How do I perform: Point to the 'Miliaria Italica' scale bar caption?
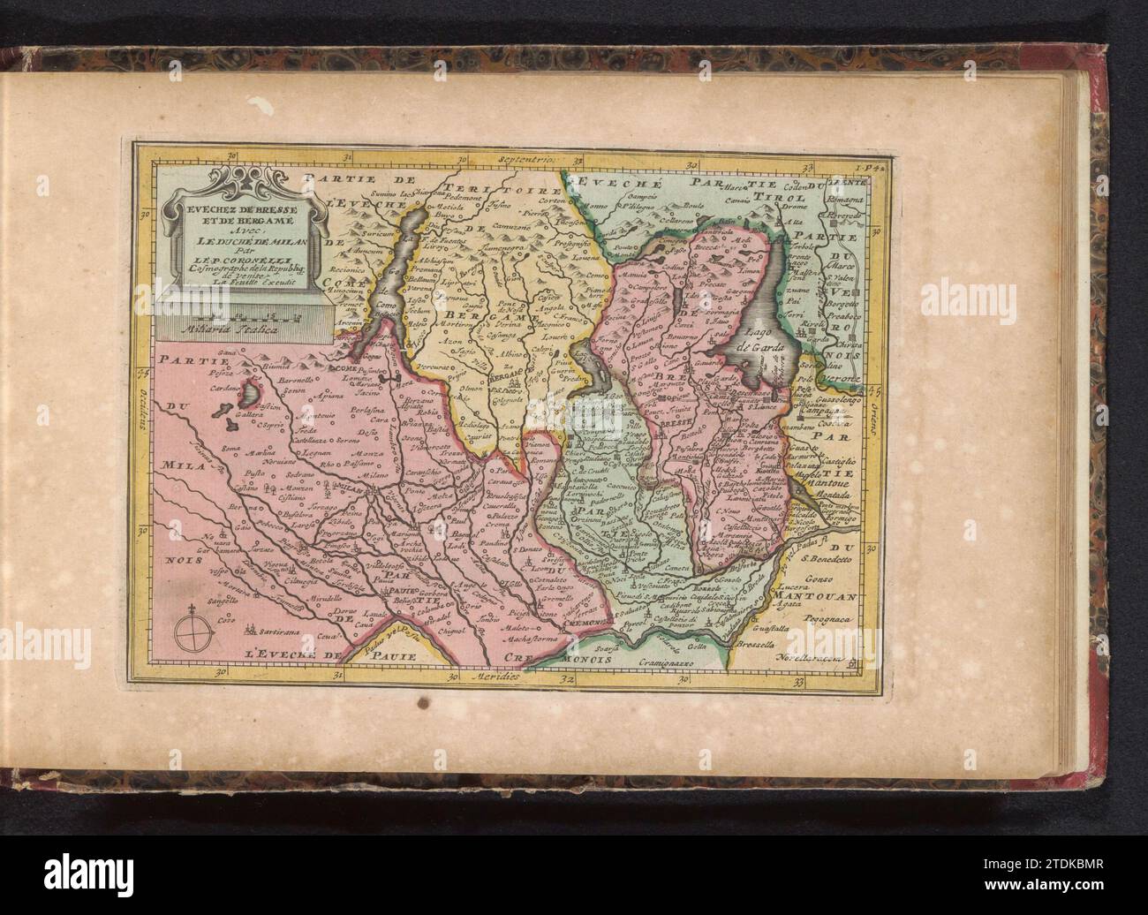[230, 329]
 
